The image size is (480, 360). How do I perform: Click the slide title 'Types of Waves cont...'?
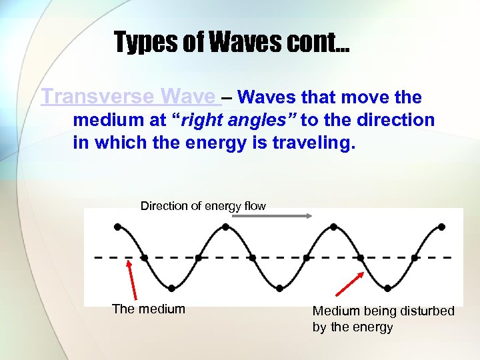[x=231, y=42]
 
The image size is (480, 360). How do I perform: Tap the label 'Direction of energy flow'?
[x=203, y=206]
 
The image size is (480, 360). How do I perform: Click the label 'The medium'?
[x=148, y=309]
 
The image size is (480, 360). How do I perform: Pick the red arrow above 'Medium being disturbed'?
[x=349, y=283]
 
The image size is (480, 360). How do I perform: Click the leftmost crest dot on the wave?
[x=117, y=227]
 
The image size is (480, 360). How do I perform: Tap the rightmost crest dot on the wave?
[x=441, y=227]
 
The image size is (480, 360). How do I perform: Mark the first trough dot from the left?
[x=171, y=288]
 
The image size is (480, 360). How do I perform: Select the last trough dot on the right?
[x=387, y=288]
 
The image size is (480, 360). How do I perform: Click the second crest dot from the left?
[x=225, y=227]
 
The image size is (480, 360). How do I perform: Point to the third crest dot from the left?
[x=333, y=227]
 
